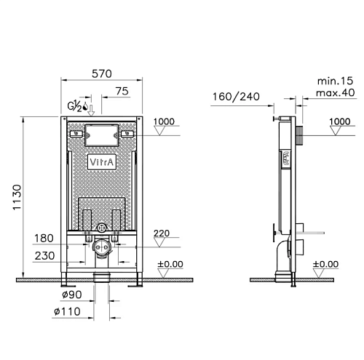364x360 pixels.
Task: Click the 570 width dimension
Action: point(102,73)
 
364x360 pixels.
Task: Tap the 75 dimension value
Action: point(122,91)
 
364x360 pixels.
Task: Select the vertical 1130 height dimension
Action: point(17,197)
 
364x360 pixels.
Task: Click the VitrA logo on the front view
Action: point(102,161)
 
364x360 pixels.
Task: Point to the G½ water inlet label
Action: point(75,107)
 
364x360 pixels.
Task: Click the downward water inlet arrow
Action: point(91,111)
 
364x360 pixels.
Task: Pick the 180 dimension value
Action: point(44,239)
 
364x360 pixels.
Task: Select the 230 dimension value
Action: point(44,256)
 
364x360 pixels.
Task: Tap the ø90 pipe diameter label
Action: point(72,295)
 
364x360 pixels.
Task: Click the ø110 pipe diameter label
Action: point(67,311)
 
